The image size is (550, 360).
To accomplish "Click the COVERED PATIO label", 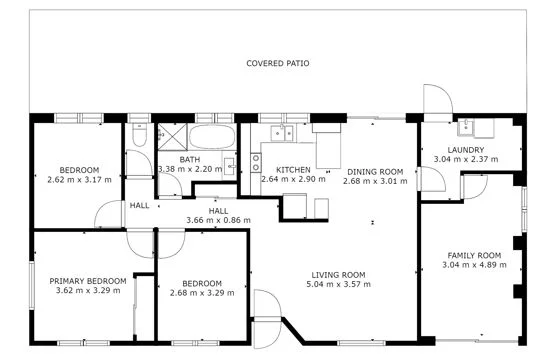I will (278, 63).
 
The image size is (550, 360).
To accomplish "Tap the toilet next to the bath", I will (139, 134).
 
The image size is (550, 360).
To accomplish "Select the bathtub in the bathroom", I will (210, 137).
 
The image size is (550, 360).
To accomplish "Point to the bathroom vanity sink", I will (229, 165).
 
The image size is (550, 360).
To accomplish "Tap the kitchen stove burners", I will (254, 161).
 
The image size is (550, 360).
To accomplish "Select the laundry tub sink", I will (466, 127).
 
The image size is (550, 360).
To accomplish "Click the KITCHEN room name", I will (293, 170).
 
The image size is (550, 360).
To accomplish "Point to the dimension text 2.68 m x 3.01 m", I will (370, 181).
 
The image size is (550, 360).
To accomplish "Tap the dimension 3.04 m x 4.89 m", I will (474, 267).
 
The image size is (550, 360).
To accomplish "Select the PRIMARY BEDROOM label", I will (88, 281).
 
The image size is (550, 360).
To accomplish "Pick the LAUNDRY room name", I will (466, 150).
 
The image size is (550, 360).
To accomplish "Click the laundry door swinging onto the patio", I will (435, 100).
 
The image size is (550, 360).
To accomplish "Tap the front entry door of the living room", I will (266, 308).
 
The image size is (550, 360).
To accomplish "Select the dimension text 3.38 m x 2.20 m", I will (190, 170).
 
